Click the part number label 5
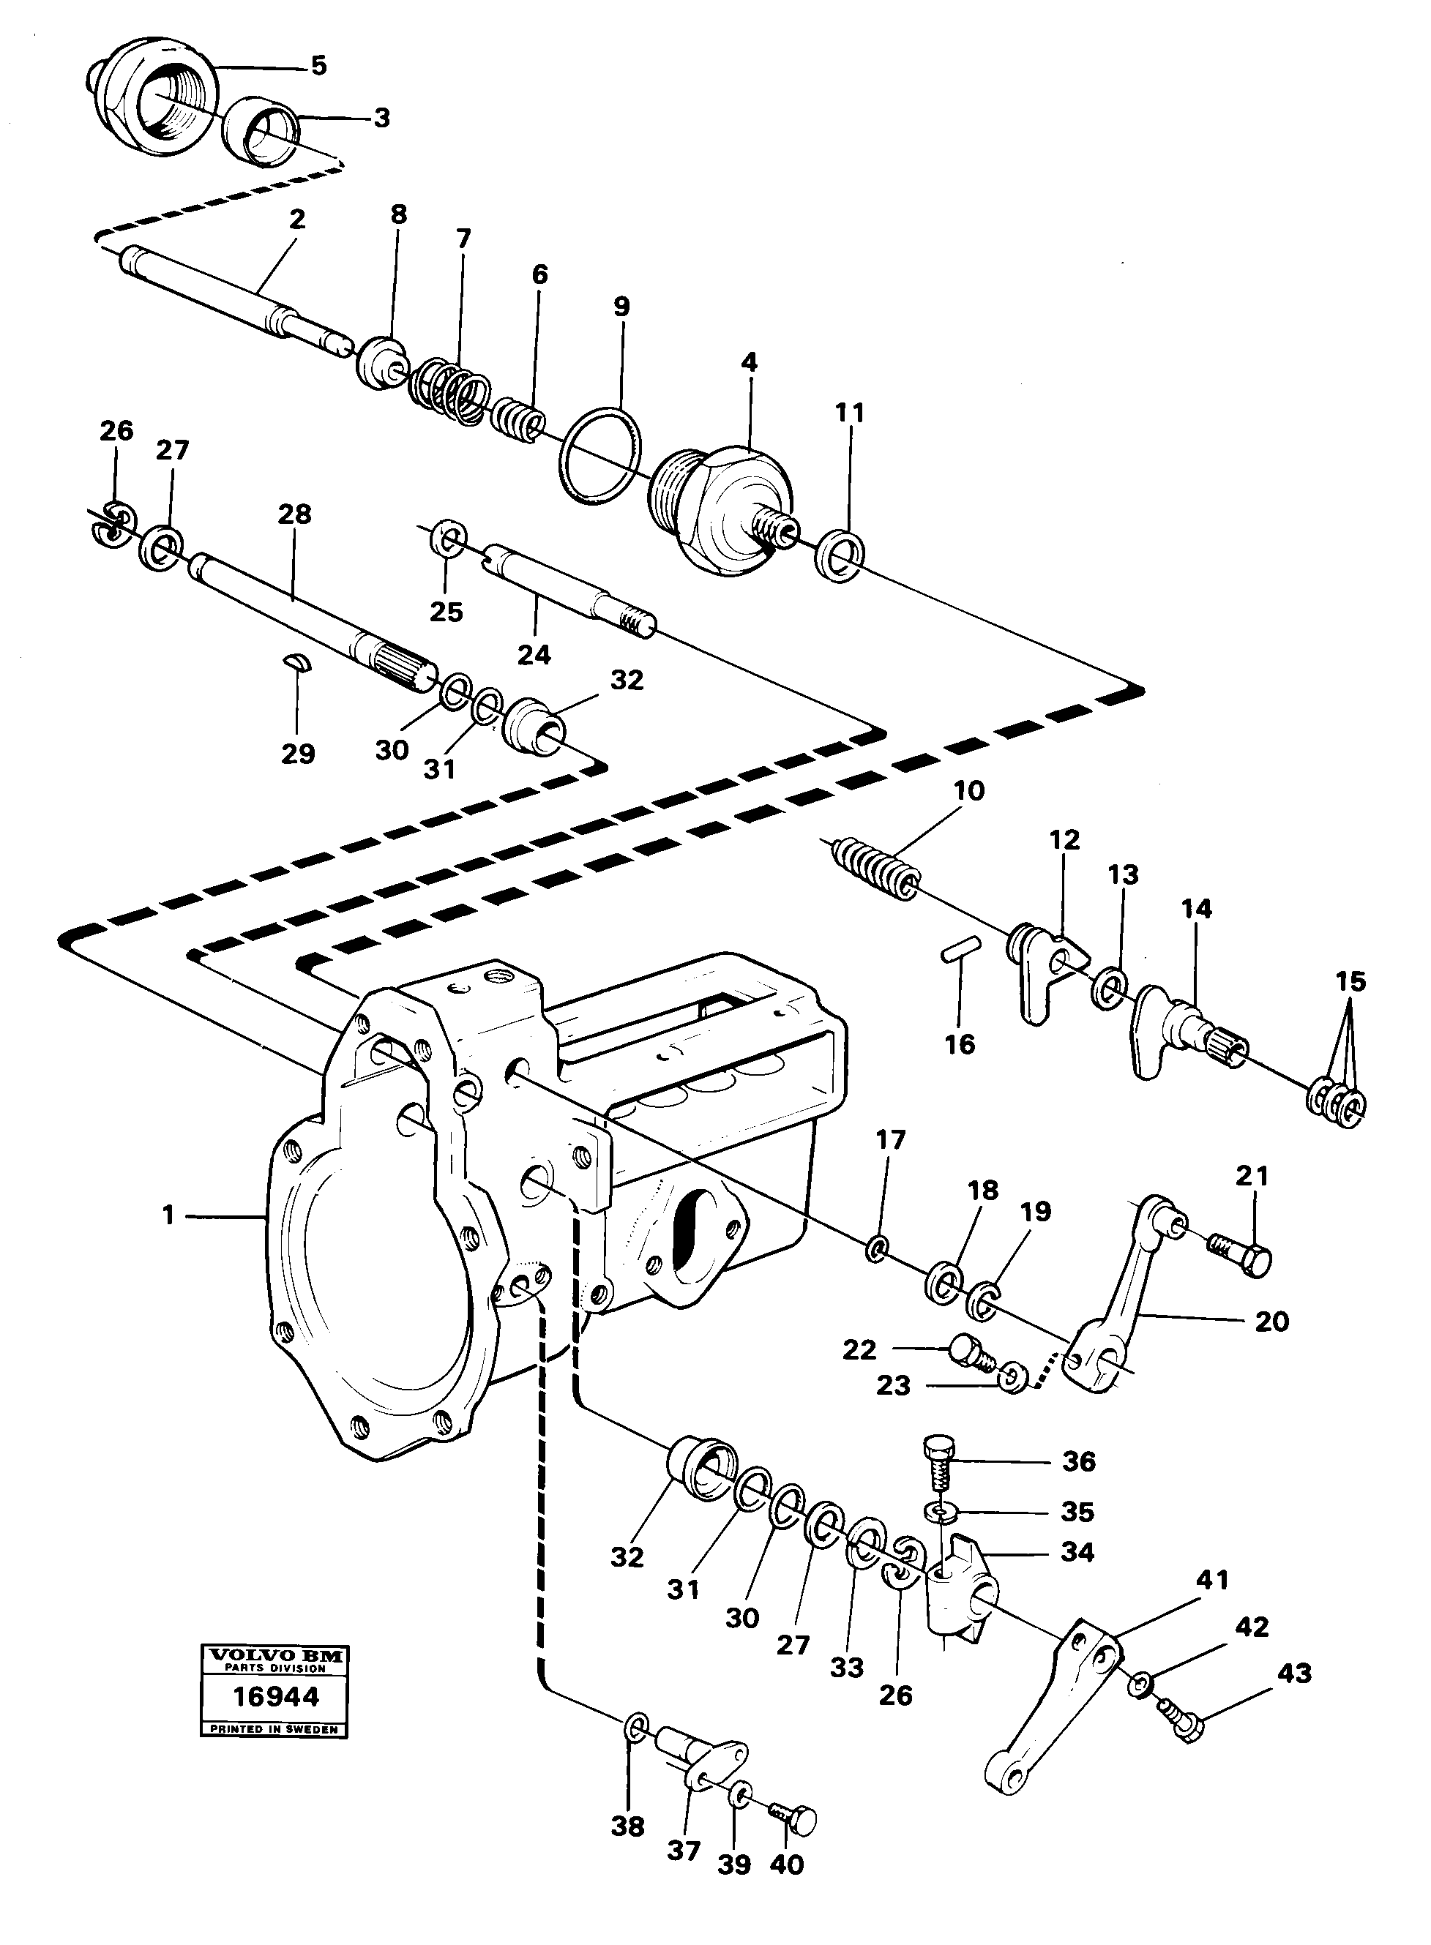[318, 66]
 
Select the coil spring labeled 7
[449, 392]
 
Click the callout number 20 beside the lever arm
[1271, 1322]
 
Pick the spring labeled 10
[875, 867]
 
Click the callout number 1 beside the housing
[168, 1217]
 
